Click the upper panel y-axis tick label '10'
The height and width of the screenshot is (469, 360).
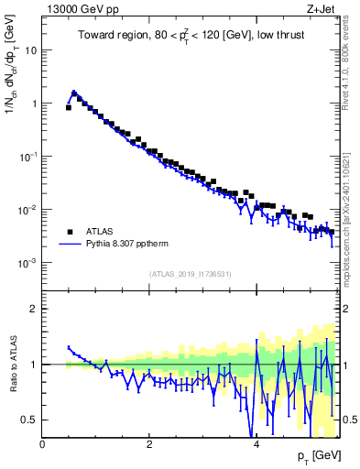[x=31, y=50]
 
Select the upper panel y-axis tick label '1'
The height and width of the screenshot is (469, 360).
[x=35, y=104]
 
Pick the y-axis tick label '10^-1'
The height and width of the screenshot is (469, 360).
[x=28, y=156]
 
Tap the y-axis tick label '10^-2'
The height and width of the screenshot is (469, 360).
[x=28, y=209]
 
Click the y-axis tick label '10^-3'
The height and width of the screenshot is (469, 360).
[x=28, y=262]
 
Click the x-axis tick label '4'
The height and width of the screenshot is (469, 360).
[x=256, y=445]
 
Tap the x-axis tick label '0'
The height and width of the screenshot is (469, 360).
[x=43, y=445]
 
